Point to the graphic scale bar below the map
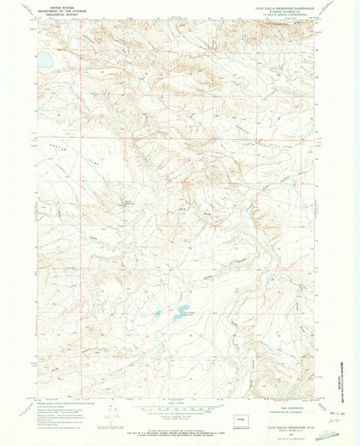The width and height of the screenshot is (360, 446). tap(177, 408)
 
